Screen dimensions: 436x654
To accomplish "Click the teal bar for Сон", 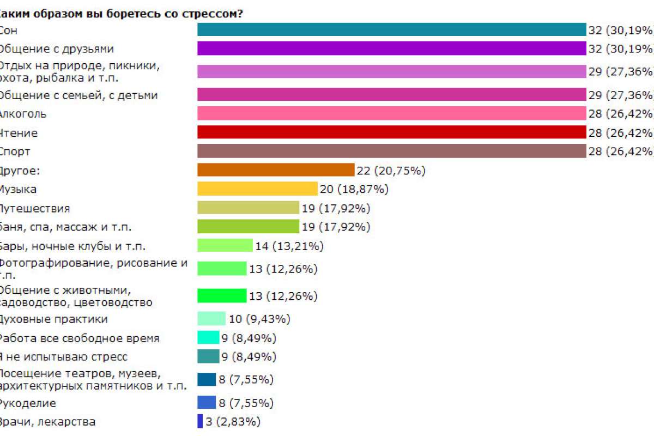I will tap(391, 29).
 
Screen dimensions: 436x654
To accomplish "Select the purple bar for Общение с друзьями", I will tap(391, 49).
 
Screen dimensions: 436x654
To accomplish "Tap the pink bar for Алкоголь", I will tap(391, 113).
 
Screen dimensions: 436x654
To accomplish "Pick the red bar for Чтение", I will tap(391, 132).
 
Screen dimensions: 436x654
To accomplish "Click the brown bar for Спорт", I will tap(391, 152).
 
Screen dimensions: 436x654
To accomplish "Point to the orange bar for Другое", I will tap(276, 170).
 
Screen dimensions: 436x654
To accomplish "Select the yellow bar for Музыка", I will tap(257, 189).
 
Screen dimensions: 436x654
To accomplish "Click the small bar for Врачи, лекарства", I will tap(200, 421).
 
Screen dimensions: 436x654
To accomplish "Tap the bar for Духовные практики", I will tap(211, 319).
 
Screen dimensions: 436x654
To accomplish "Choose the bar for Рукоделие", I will tap(207, 403).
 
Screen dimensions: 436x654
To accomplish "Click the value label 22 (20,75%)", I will tap(391, 171).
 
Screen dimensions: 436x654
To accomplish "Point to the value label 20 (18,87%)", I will tap(354, 189).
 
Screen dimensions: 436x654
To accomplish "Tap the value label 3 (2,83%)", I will tap(233, 421).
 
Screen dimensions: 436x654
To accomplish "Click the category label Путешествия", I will tap(34, 208).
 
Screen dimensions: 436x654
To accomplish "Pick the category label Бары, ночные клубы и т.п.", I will tap(72, 246).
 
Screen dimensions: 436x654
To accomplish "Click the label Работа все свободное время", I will tap(79, 338).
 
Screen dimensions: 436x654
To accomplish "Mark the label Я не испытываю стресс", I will tap(63, 357).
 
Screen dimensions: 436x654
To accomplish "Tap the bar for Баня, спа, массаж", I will tap(248, 226).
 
